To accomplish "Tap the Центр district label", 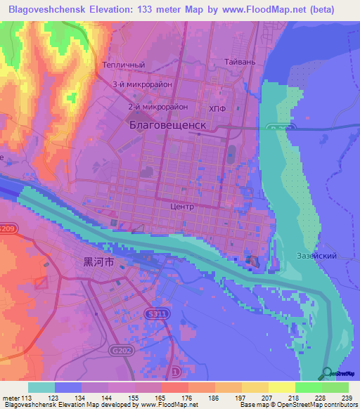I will [182, 207].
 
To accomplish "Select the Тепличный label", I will [123, 65].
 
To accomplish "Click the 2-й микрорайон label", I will [158, 107].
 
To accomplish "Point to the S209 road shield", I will [6, 228].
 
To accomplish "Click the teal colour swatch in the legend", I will [41, 387].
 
